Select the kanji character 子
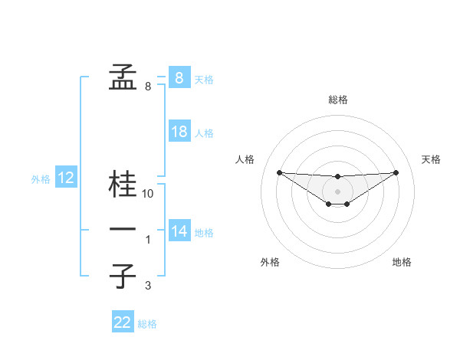(x=123, y=276)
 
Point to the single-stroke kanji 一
(x=123, y=229)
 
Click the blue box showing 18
(x=179, y=132)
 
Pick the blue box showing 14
(x=179, y=231)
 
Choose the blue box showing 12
(x=66, y=178)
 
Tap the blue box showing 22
(x=123, y=322)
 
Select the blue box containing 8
(x=179, y=77)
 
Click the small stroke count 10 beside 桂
(x=149, y=194)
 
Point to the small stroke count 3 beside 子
(x=148, y=286)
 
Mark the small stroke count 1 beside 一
(x=148, y=240)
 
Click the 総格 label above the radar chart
(x=338, y=100)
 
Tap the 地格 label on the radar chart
(x=402, y=262)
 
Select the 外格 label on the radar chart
(x=270, y=262)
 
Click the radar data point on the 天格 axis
(x=396, y=172)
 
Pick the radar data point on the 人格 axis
(x=279, y=172)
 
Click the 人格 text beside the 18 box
(x=204, y=133)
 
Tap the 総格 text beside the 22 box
(x=147, y=324)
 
